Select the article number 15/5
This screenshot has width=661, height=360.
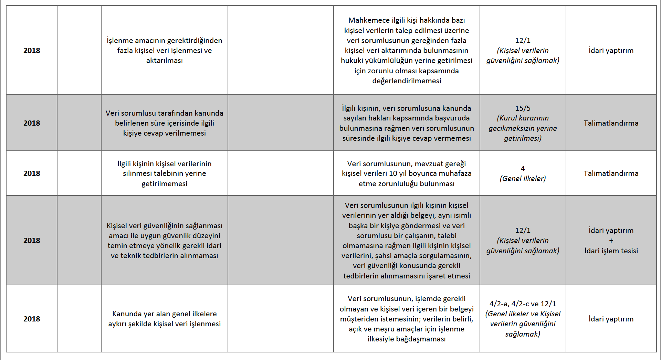(x=523, y=108)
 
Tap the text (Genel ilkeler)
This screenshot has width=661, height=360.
(x=523, y=179)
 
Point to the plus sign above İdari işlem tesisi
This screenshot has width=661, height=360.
(x=611, y=241)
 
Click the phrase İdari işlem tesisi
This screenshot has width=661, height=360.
(x=611, y=251)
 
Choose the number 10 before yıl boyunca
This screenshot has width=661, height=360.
(x=393, y=173)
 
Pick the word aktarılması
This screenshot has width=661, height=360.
(x=164, y=61)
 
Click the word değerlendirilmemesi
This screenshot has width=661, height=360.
(x=407, y=81)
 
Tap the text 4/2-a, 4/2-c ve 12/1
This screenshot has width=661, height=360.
(x=523, y=304)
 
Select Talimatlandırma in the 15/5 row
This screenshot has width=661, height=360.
(x=611, y=123)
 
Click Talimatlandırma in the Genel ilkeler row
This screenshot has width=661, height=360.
(x=611, y=173)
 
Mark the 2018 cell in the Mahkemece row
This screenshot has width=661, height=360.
(x=32, y=51)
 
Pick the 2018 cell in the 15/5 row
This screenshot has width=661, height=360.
(x=32, y=123)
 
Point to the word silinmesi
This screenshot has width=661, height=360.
(x=137, y=173)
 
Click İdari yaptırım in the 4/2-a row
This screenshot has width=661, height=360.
(x=611, y=319)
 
